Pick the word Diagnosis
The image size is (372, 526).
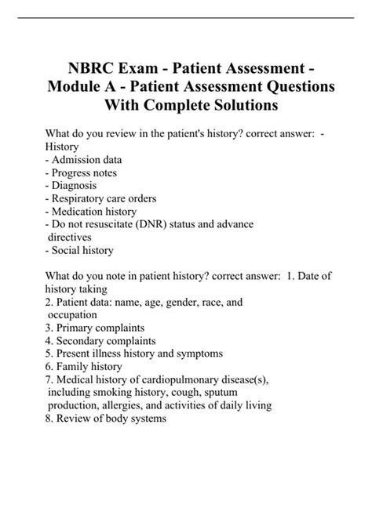(x=78, y=186)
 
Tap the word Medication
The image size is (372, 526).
(x=81, y=211)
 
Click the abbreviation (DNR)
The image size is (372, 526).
(x=158, y=223)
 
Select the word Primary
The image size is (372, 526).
(x=75, y=327)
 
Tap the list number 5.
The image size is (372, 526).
(x=49, y=354)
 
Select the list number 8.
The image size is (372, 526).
(x=49, y=418)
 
